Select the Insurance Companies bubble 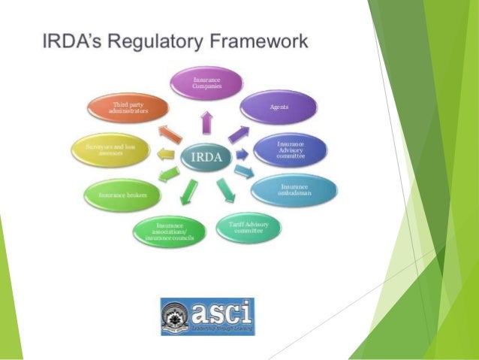(206, 82)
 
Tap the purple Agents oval (279, 107)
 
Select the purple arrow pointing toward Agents (239, 133)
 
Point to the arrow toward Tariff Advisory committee (224, 188)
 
